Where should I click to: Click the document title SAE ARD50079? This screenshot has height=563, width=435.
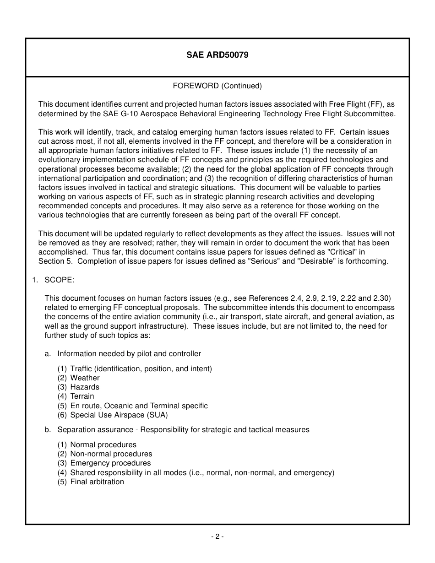point(217,55)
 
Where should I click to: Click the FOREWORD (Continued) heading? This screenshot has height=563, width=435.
point(217,86)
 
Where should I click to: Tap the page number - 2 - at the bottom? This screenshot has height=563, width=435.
point(217,536)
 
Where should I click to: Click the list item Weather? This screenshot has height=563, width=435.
point(85,378)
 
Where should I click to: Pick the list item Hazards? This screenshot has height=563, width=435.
point(85,387)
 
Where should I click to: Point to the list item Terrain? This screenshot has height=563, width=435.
point(82,396)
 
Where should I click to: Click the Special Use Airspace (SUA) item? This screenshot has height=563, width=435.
point(119,415)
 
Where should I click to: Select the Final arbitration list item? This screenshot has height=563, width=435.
point(97,482)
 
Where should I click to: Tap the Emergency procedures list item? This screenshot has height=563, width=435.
point(110,463)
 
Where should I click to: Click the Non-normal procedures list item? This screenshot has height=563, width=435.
point(111,454)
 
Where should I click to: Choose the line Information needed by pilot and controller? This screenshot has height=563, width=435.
point(129,354)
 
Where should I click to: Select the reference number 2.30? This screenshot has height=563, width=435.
point(383,298)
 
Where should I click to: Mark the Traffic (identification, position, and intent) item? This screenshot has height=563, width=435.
point(141,369)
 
